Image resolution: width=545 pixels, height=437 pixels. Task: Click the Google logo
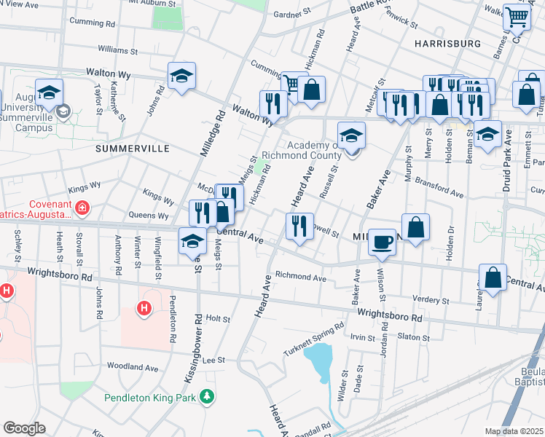tap(24, 428)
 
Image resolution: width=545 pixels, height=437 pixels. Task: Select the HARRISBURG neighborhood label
tap(447, 44)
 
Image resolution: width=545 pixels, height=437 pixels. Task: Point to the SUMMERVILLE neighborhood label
tap(132, 149)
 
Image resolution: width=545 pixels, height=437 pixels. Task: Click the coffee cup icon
tap(382, 243)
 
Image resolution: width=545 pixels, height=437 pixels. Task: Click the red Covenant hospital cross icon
tap(82, 209)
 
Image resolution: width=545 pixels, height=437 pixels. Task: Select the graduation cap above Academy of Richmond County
tap(351, 135)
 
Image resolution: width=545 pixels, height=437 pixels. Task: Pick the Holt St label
tap(218, 319)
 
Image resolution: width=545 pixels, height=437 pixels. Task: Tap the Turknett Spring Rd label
tap(313, 339)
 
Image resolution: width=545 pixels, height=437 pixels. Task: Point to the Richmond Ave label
tap(300, 277)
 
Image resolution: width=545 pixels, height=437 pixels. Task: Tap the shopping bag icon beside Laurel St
tap(493, 278)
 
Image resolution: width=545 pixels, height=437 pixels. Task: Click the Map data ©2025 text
tap(514, 431)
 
